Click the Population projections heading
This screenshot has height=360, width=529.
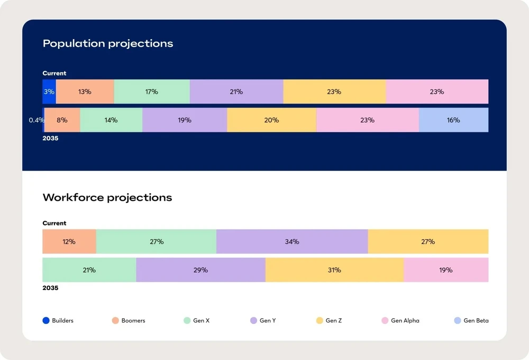click(108, 43)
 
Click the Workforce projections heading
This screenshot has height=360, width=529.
click(107, 197)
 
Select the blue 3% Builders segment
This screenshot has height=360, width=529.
click(49, 92)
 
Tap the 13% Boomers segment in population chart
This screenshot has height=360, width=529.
click(85, 92)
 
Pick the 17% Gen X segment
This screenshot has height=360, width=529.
click(152, 92)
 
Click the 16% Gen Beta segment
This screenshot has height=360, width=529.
click(453, 120)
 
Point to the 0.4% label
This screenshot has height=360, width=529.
click(37, 120)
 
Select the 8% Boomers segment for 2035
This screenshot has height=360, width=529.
click(62, 120)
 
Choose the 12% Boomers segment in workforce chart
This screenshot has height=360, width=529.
click(69, 241)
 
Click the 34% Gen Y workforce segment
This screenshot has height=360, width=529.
click(292, 241)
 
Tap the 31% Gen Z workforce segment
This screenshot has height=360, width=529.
click(334, 270)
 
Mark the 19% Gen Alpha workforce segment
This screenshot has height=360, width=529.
click(446, 270)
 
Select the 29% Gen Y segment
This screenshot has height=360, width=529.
click(200, 270)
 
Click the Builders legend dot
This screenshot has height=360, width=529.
click(46, 320)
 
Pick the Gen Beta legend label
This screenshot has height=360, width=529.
click(476, 320)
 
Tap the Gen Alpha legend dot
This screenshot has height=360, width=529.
click(385, 320)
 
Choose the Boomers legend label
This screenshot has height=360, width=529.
click(133, 320)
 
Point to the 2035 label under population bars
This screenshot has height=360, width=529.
click(50, 139)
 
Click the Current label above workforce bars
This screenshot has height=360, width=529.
click(54, 223)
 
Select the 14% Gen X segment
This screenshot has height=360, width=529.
click(111, 120)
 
